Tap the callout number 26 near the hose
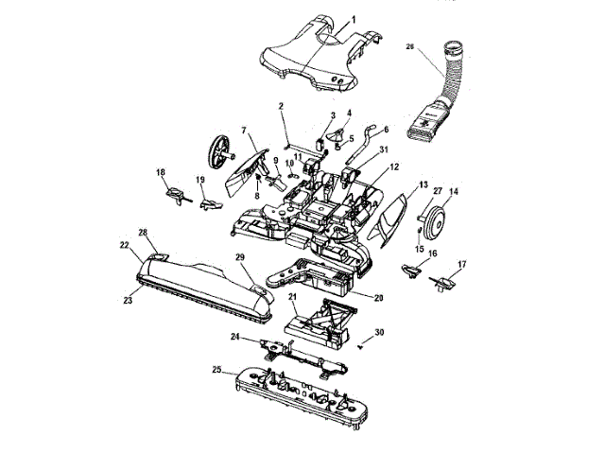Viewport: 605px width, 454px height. click(409, 44)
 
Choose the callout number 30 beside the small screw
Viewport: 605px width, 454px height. click(379, 332)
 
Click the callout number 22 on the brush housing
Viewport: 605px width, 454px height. click(124, 244)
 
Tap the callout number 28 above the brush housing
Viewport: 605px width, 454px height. click(143, 232)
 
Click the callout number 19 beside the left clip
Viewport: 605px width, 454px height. click(200, 180)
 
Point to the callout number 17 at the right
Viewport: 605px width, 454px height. click(462, 264)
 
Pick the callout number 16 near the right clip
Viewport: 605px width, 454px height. click(433, 254)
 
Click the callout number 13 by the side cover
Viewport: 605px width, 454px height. click(423, 183)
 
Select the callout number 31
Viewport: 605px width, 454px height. click(383, 150)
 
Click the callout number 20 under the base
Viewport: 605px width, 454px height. click(379, 298)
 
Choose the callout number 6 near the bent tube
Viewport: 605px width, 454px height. click(386, 130)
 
